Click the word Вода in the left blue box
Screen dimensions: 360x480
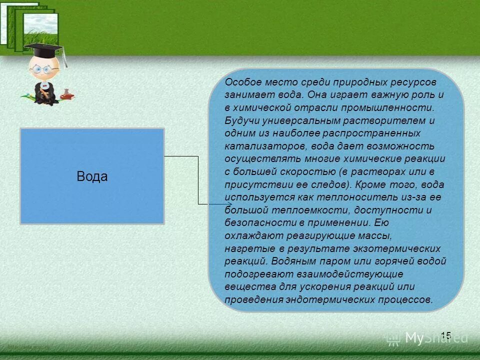point(92,176)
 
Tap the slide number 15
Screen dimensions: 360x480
point(446,335)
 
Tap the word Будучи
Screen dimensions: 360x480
point(240,120)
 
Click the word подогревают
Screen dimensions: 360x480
point(255,274)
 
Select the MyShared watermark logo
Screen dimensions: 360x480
point(427,338)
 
